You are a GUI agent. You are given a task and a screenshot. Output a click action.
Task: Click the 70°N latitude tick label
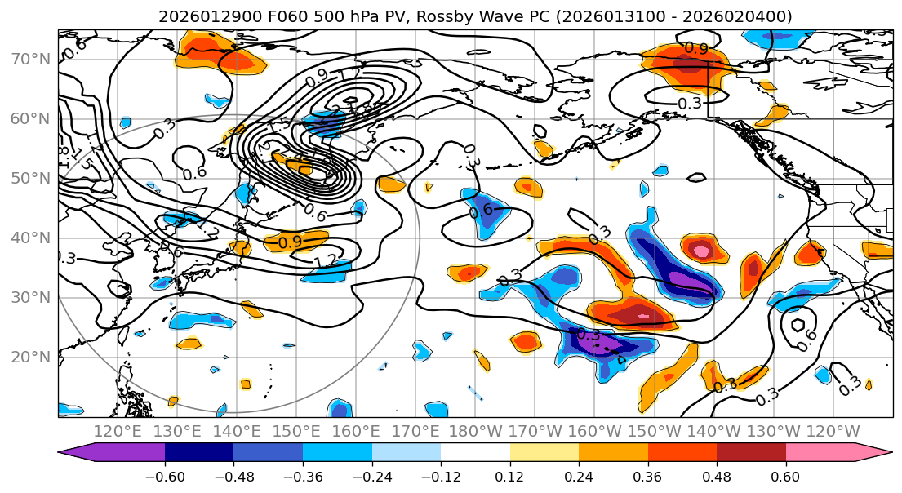31,60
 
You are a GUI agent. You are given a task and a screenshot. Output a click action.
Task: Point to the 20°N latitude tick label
31,358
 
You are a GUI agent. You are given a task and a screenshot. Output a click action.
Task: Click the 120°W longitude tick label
833,431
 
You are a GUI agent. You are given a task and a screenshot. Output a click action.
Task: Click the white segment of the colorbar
475,453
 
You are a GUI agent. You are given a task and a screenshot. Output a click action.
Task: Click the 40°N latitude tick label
31,238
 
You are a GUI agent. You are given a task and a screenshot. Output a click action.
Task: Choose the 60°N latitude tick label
31,119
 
